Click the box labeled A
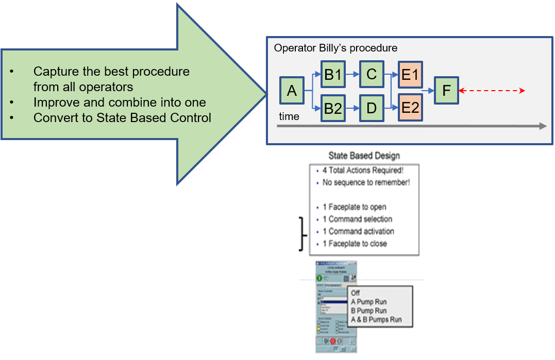point(292,91)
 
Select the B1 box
point(333,75)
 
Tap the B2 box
point(333,109)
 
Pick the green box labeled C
point(372,75)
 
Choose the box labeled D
point(372,109)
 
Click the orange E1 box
point(410,75)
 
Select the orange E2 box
point(410,109)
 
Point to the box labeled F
point(446,91)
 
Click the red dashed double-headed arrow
point(492,91)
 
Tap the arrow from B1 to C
point(352,75)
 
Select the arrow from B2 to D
point(352,109)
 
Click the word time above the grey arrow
point(289,116)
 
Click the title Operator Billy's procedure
point(335,48)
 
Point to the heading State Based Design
point(364,156)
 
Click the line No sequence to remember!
point(366,182)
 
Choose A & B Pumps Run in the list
point(376,320)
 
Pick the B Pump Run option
point(368,311)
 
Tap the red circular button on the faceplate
point(333,341)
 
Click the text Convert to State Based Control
point(122,117)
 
